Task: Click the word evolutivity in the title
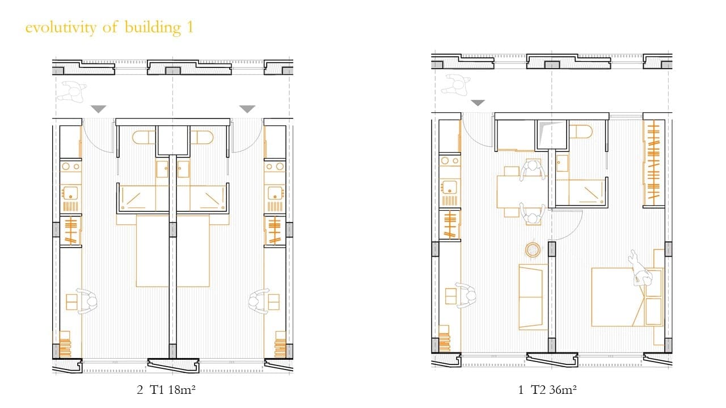pos(61,27)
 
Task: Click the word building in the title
pos(153,28)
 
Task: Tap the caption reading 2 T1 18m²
pos(166,389)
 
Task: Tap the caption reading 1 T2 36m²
pos(547,389)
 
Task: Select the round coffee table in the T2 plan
pos(532,250)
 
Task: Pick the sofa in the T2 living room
pos(530,297)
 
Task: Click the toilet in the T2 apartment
pos(581,132)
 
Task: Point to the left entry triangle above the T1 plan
pos(98,109)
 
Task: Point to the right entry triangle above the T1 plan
pos(247,109)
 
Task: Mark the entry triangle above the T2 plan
pos(478,103)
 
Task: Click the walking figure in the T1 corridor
pos(72,92)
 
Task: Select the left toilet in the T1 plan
pos(143,137)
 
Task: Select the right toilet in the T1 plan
pos(201,137)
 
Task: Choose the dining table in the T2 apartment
pos(522,192)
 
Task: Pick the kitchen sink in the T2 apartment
pos(450,187)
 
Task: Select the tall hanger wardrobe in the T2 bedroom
pos(653,163)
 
